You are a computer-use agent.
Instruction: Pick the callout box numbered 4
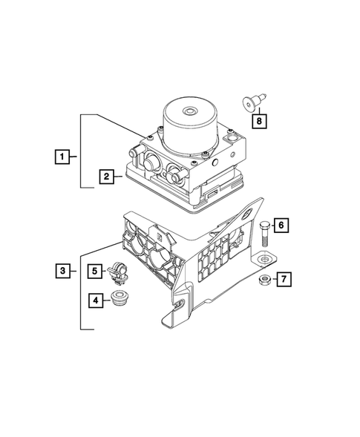[96, 300]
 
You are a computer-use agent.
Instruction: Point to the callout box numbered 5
[96, 272]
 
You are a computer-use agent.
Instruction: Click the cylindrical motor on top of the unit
[190, 126]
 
